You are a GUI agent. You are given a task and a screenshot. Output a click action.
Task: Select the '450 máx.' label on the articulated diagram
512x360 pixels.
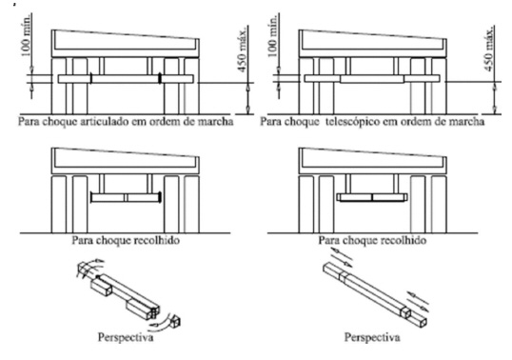click(x=243, y=49)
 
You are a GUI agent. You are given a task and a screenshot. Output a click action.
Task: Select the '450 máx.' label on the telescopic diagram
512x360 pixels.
click(x=489, y=49)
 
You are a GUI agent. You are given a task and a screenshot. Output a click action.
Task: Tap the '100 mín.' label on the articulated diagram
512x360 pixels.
click(x=27, y=34)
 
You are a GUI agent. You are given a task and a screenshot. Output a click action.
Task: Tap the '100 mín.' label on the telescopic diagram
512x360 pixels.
click(x=274, y=34)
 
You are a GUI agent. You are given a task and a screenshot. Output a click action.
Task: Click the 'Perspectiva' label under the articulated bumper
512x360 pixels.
click(x=126, y=337)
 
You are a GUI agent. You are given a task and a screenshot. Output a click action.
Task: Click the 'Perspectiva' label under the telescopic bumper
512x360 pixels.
click(x=372, y=337)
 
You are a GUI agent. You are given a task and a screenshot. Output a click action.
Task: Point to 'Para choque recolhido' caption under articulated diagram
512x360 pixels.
click(x=126, y=240)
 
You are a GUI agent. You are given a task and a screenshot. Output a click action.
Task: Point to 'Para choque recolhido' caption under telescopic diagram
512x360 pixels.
click(x=372, y=240)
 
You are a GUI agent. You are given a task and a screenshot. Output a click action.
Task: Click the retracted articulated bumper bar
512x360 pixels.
click(x=126, y=197)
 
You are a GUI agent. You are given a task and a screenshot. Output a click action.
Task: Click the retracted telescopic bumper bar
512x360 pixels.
click(x=372, y=197)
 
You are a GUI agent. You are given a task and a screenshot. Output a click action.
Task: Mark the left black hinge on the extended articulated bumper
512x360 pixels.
click(x=91, y=78)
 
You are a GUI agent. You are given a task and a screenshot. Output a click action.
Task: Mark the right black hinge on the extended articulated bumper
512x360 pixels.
click(x=160, y=78)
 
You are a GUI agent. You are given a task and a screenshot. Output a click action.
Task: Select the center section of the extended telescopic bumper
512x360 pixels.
click(x=372, y=79)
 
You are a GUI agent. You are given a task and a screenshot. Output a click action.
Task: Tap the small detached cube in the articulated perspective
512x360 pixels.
click(x=175, y=321)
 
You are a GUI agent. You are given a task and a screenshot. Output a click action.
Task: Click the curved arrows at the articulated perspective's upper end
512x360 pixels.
click(x=89, y=268)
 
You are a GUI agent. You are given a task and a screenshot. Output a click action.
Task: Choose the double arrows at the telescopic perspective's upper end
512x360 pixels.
click(x=343, y=257)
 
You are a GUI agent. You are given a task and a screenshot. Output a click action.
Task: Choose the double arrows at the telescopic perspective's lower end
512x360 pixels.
click(x=418, y=301)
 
